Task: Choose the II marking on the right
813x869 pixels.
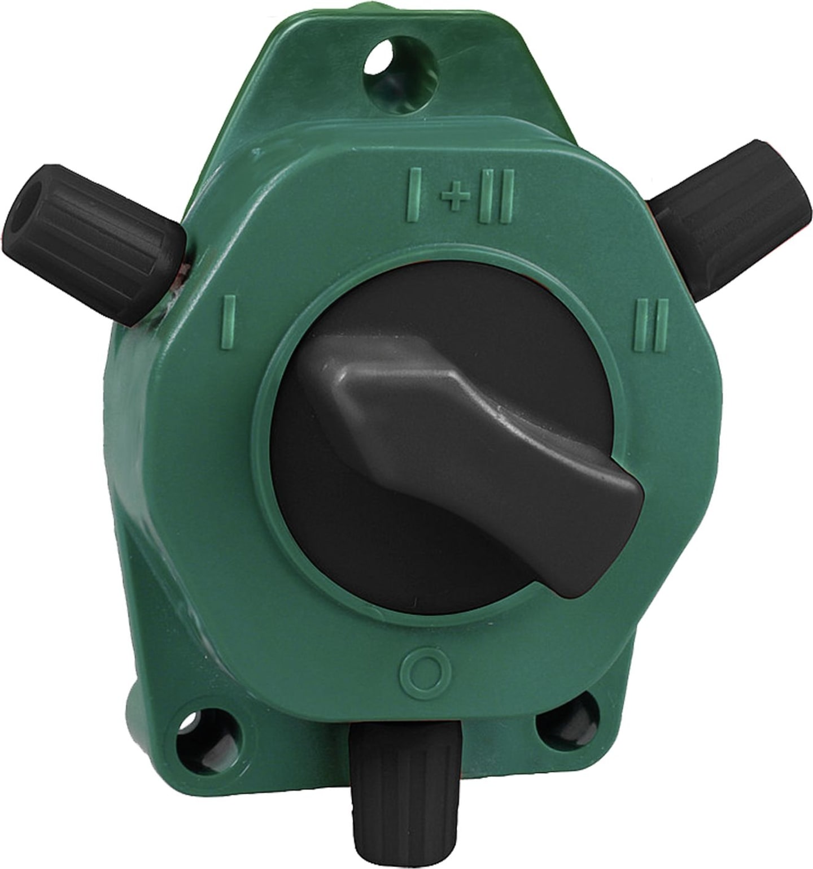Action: click(x=652, y=324)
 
